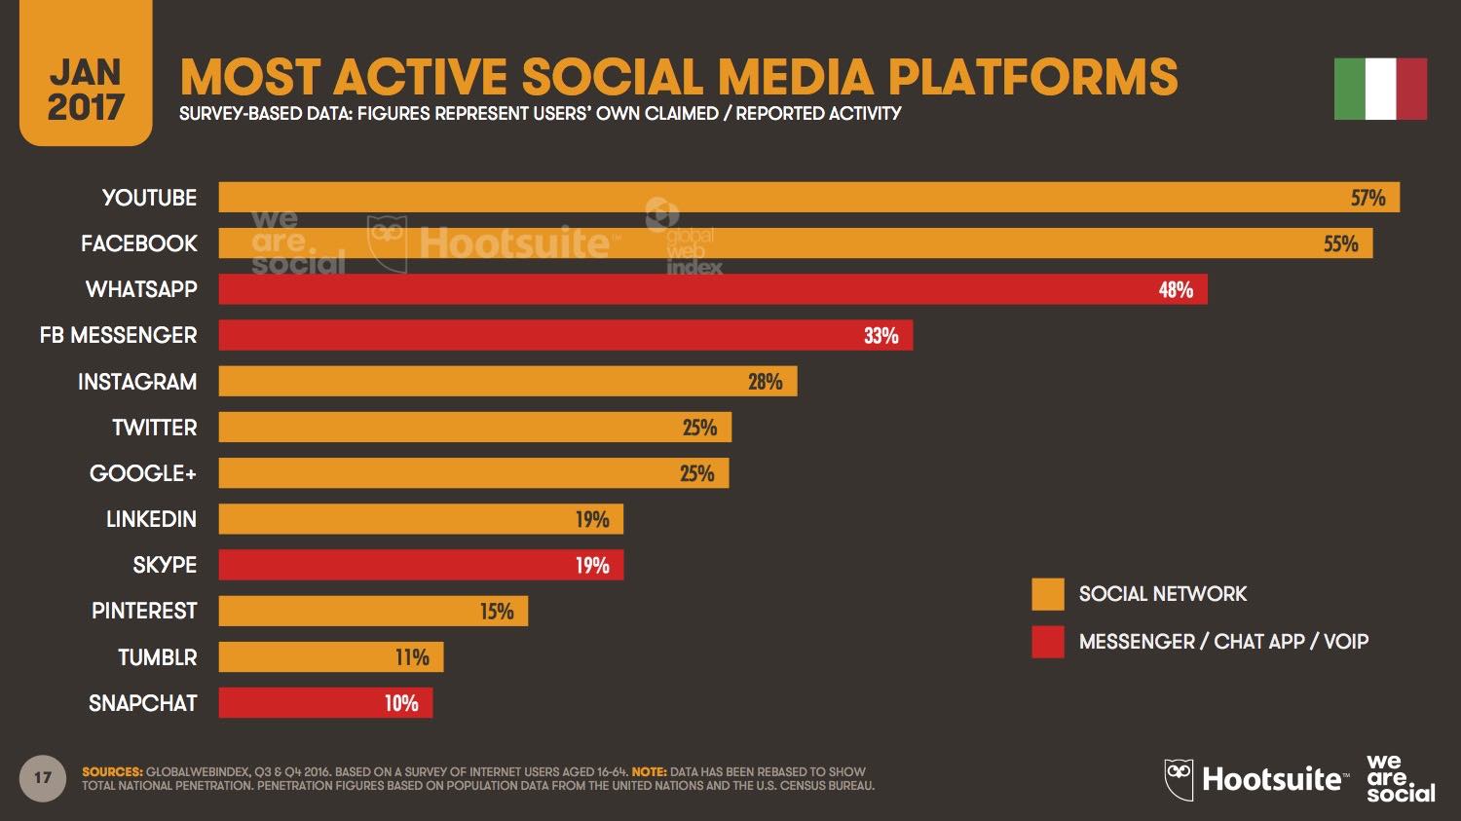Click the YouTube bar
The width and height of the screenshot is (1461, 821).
click(808, 197)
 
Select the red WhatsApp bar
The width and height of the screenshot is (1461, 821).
click(712, 289)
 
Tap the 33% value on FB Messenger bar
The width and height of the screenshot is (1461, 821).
click(880, 336)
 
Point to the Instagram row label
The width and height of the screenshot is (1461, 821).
click(137, 382)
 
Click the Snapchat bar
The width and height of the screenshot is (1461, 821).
click(325, 703)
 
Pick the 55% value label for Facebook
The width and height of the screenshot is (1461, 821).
click(1340, 243)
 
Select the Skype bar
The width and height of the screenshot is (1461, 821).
click(421, 565)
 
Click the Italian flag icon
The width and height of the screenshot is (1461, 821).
click(1380, 89)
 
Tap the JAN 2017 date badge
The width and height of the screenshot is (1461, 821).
click(86, 90)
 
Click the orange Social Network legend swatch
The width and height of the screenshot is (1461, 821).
click(1048, 594)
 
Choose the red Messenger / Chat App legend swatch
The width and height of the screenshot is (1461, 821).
click(1048, 642)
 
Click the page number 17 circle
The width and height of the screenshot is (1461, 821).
click(43, 778)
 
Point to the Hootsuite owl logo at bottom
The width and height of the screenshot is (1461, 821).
click(1179, 779)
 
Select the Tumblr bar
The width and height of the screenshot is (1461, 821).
click(330, 657)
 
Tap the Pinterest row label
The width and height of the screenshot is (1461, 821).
click(144, 612)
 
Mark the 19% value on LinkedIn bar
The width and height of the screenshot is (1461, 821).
click(591, 519)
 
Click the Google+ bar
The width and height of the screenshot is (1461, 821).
click(473, 473)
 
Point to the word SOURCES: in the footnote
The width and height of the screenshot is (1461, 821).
click(112, 771)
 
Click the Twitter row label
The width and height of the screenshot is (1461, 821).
click(154, 428)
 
